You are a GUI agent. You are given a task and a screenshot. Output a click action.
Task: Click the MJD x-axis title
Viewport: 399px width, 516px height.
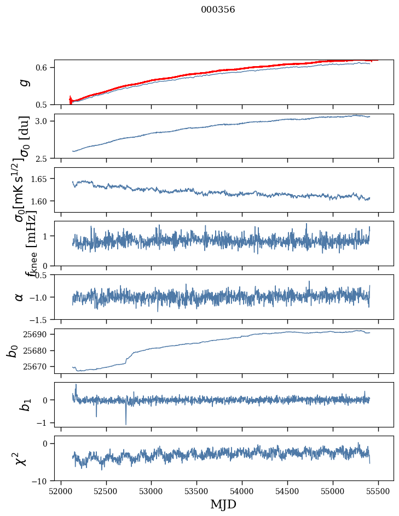[223, 505]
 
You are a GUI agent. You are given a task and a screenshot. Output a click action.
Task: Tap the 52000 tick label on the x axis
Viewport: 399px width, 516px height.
[61, 490]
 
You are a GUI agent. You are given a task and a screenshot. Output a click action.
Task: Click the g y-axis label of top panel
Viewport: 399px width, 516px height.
[23, 83]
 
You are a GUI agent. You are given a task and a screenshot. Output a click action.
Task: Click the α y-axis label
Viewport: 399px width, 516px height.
[20, 297]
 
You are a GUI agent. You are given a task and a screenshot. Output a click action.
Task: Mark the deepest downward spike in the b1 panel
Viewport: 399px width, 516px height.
[126, 424]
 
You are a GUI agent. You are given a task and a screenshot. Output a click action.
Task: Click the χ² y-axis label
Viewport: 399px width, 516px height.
[21, 458]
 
